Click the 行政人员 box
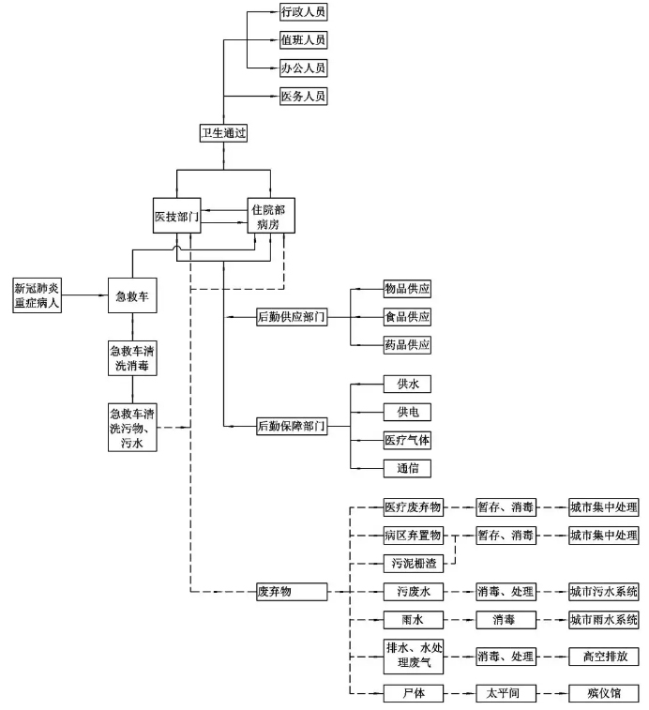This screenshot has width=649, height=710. pyautogui.click(x=303, y=12)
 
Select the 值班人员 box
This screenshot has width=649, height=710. pyautogui.click(x=303, y=40)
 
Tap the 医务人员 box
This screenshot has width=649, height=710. pyautogui.click(x=303, y=97)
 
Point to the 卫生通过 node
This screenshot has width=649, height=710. pyautogui.click(x=224, y=133)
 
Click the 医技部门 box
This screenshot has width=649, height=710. pyautogui.click(x=176, y=217)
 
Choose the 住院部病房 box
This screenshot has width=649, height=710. pyautogui.click(x=270, y=216)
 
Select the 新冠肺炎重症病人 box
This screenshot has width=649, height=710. pyautogui.click(x=37, y=295)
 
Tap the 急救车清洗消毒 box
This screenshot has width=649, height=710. pyautogui.click(x=132, y=359)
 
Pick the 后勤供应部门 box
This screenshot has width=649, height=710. pyautogui.click(x=292, y=317)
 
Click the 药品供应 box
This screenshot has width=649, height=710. pyautogui.click(x=408, y=345)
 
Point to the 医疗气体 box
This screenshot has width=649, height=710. pyautogui.click(x=408, y=440)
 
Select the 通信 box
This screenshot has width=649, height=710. pyautogui.click(x=408, y=467)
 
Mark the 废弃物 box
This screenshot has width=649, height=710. pyautogui.click(x=292, y=592)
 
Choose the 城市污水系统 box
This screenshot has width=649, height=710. pyautogui.click(x=604, y=592)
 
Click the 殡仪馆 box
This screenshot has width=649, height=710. pyautogui.click(x=604, y=693)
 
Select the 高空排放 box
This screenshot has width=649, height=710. pyautogui.click(x=604, y=656)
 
